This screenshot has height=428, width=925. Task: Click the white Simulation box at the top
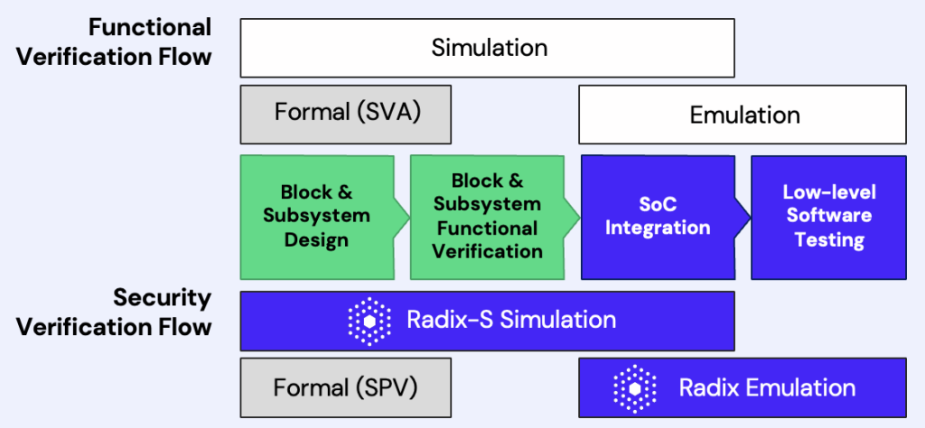(488, 47)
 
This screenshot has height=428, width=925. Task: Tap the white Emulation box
(743, 115)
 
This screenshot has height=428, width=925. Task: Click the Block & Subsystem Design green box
(316, 217)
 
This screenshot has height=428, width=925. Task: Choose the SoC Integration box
(658, 217)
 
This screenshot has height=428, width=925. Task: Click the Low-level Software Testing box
(828, 217)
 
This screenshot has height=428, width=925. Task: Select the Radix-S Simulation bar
(488, 320)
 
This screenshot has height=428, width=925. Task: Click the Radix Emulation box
(743, 387)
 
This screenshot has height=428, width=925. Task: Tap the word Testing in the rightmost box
(829, 240)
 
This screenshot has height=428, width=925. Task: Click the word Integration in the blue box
(658, 228)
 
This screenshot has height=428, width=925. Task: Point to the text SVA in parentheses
(394, 114)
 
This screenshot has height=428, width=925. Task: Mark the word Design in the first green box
(316, 240)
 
